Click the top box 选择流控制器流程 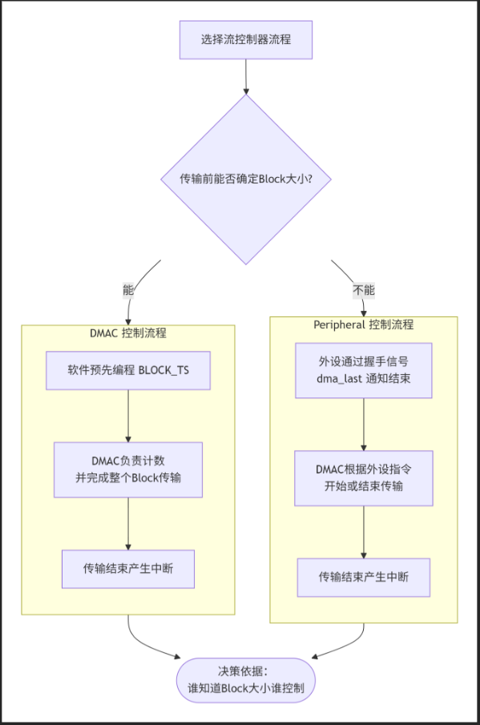[x=246, y=40]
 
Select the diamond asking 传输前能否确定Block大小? [x=246, y=179]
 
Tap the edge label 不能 [x=364, y=290]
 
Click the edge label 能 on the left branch [x=128, y=290]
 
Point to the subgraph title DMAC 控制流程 [x=128, y=333]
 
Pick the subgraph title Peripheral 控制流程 [x=364, y=324]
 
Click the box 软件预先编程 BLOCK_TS [x=128, y=370]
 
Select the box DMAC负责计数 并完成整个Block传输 [x=128, y=469]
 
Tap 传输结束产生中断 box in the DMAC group [x=128, y=569]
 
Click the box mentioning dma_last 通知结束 [x=364, y=370]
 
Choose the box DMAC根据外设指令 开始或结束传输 [x=364, y=478]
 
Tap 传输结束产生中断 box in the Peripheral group [x=364, y=577]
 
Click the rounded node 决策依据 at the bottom [x=246, y=680]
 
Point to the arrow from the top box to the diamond [x=246, y=77]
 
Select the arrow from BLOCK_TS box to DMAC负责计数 [x=128, y=416]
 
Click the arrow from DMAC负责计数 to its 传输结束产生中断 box [x=128, y=524]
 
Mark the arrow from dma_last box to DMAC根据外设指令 [x=364, y=425]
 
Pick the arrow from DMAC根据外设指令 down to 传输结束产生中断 [x=364, y=532]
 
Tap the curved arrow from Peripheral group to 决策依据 [x=350, y=646]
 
